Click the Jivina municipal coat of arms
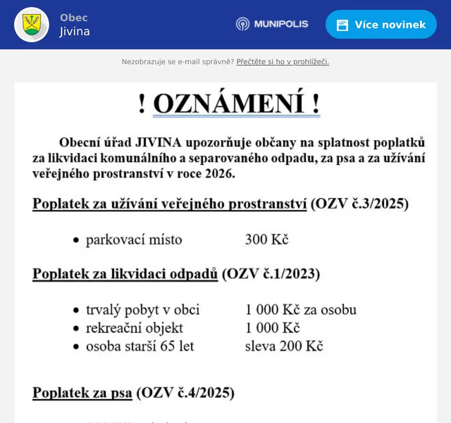coord(32,25)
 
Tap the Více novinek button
coord(381,25)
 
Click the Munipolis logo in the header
coord(272,24)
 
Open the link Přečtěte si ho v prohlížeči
coord(283,62)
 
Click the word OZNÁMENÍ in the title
coord(229,103)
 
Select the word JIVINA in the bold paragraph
coord(158,143)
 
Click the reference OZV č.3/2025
coord(359,204)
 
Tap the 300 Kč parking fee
coord(267,240)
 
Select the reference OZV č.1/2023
coord(271,274)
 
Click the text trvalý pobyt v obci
coord(142,310)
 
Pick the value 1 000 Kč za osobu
coord(301,310)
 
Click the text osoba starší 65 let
coord(140,346)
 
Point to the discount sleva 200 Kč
coord(284,346)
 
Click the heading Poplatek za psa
coord(82,393)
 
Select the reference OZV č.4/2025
coord(185,393)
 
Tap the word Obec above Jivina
coord(74,18)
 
